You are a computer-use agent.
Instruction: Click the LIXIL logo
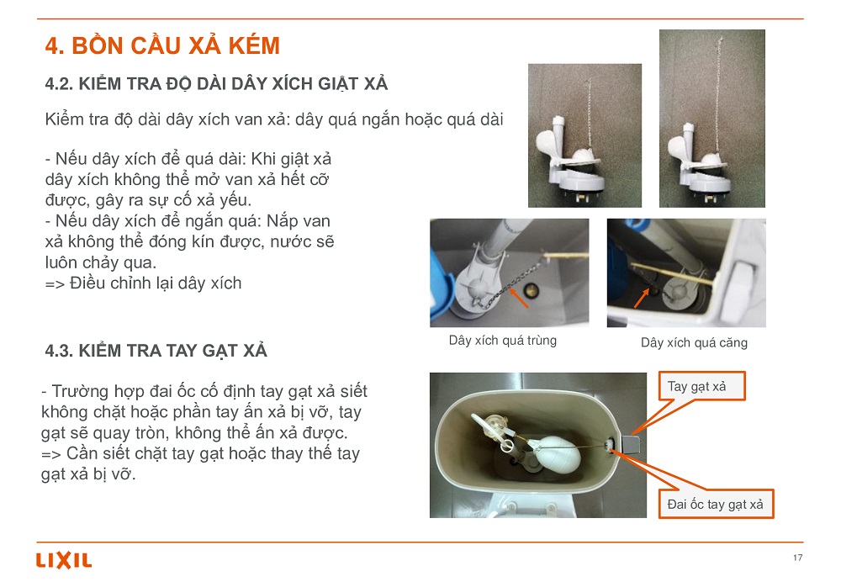tap(64, 560)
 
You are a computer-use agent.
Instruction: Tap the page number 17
tap(797, 558)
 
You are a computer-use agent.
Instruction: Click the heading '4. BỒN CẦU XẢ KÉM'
tap(162, 45)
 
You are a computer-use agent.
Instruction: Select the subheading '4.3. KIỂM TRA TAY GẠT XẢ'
tap(156, 351)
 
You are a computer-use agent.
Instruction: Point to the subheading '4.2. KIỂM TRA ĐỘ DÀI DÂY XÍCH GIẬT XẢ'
tap(217, 83)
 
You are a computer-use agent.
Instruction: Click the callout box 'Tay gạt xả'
tap(702, 386)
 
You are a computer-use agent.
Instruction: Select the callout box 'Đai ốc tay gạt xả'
tap(716, 505)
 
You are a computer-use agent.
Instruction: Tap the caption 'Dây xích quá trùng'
tap(503, 341)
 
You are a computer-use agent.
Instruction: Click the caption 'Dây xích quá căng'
tap(694, 343)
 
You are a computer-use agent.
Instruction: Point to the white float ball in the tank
tap(559, 454)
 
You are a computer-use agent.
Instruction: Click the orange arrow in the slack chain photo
tap(518, 298)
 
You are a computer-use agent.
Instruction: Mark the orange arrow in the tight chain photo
tap(642, 298)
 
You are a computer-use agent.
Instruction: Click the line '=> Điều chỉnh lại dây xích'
tap(143, 283)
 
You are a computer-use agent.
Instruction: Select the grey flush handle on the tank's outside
tap(632, 444)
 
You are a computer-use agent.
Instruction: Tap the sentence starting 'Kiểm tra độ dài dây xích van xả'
tap(274, 119)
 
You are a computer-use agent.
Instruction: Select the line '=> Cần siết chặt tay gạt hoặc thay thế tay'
tap(201, 454)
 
